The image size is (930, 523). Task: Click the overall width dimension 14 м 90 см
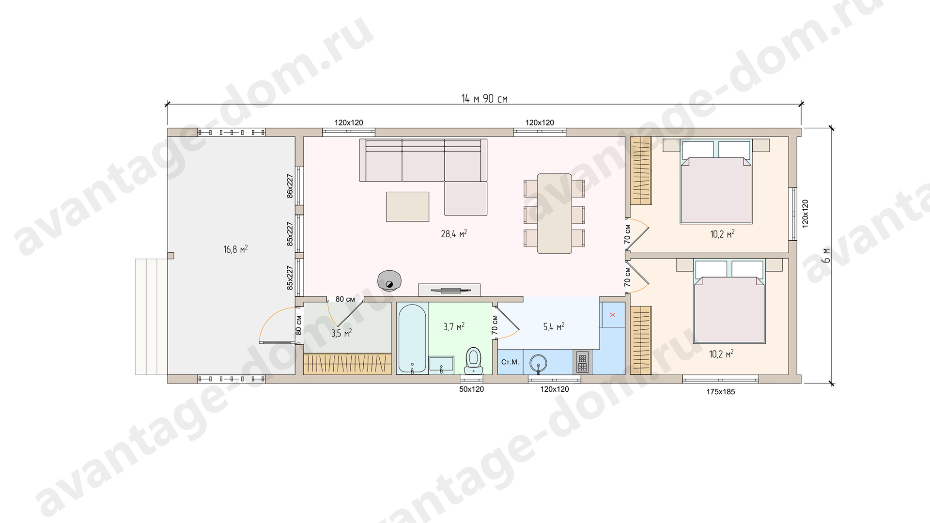click(x=484, y=99)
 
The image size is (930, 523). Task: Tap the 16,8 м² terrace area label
click(x=235, y=249)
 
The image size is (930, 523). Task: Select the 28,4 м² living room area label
click(x=454, y=234)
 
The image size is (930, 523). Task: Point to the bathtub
click(x=412, y=338)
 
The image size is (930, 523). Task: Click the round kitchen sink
click(x=538, y=362)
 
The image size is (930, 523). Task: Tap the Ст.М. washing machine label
click(x=510, y=362)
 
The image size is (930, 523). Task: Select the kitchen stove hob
click(x=582, y=362)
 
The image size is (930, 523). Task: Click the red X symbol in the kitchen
click(x=613, y=315)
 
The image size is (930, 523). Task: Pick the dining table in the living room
click(x=554, y=214)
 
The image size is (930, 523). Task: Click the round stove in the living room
click(x=389, y=280)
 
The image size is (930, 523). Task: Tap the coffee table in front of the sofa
click(x=407, y=207)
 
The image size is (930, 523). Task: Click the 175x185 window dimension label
click(x=720, y=392)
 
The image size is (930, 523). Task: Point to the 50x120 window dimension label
click(x=471, y=389)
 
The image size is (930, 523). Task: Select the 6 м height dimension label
click(x=826, y=255)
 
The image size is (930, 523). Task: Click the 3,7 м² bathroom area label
click(x=454, y=327)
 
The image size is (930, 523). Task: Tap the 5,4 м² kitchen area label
click(x=554, y=327)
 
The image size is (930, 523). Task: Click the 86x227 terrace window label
click(x=290, y=186)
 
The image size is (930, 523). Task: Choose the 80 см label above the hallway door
click(x=345, y=299)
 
